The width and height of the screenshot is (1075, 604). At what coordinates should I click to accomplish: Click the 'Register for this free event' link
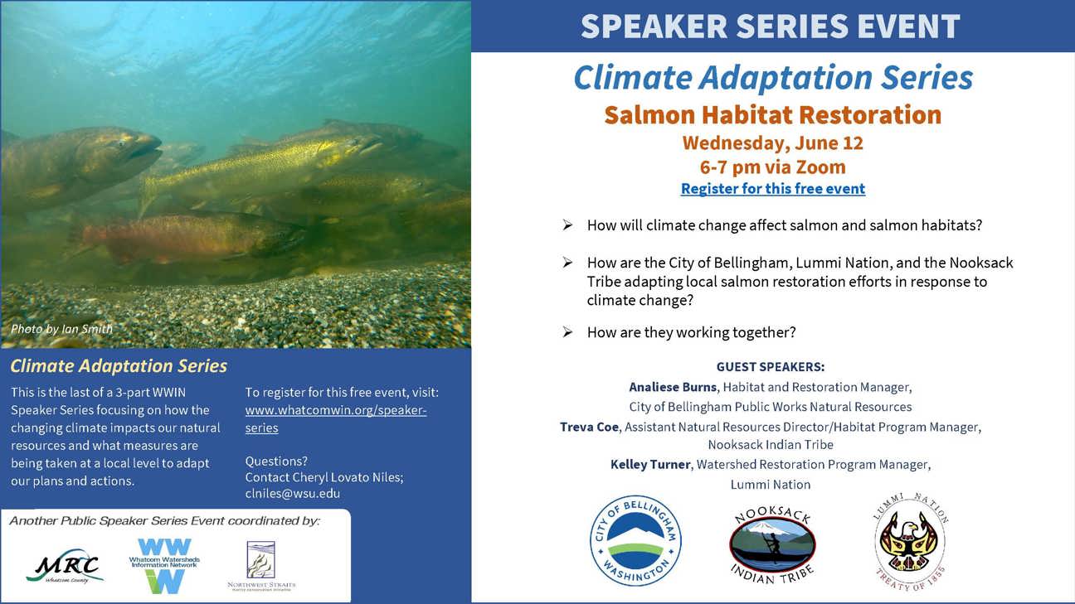click(773, 189)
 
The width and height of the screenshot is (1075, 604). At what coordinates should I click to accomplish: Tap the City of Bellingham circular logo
click(635, 541)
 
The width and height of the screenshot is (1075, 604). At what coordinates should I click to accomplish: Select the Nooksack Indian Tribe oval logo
click(772, 545)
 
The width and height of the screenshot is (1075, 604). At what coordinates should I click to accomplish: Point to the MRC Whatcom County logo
click(65, 567)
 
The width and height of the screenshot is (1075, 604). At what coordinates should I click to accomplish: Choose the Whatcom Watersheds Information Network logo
click(164, 565)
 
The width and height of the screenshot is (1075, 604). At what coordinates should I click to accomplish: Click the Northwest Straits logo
click(261, 566)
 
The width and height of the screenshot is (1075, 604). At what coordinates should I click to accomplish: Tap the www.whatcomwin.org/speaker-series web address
click(336, 419)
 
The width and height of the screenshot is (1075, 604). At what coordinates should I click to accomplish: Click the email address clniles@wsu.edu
click(293, 494)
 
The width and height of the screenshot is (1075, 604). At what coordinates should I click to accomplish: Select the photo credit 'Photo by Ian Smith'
click(62, 329)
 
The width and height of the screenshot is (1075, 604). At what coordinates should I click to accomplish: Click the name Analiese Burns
click(674, 387)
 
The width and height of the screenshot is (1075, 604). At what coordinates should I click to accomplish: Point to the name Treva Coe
click(589, 427)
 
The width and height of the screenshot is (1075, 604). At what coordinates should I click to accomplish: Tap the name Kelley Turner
click(650, 465)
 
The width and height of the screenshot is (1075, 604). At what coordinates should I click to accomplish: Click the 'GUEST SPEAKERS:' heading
click(771, 367)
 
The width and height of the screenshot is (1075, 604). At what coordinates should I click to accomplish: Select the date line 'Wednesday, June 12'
click(773, 143)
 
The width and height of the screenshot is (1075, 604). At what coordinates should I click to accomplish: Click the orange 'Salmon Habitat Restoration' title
click(773, 115)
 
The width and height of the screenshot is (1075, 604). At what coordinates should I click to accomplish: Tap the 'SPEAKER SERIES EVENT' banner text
click(771, 26)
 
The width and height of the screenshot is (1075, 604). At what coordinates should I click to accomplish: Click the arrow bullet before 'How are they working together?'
click(567, 332)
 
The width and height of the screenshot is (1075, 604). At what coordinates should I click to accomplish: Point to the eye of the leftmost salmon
click(121, 143)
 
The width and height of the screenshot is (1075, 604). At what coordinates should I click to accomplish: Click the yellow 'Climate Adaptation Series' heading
click(119, 366)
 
